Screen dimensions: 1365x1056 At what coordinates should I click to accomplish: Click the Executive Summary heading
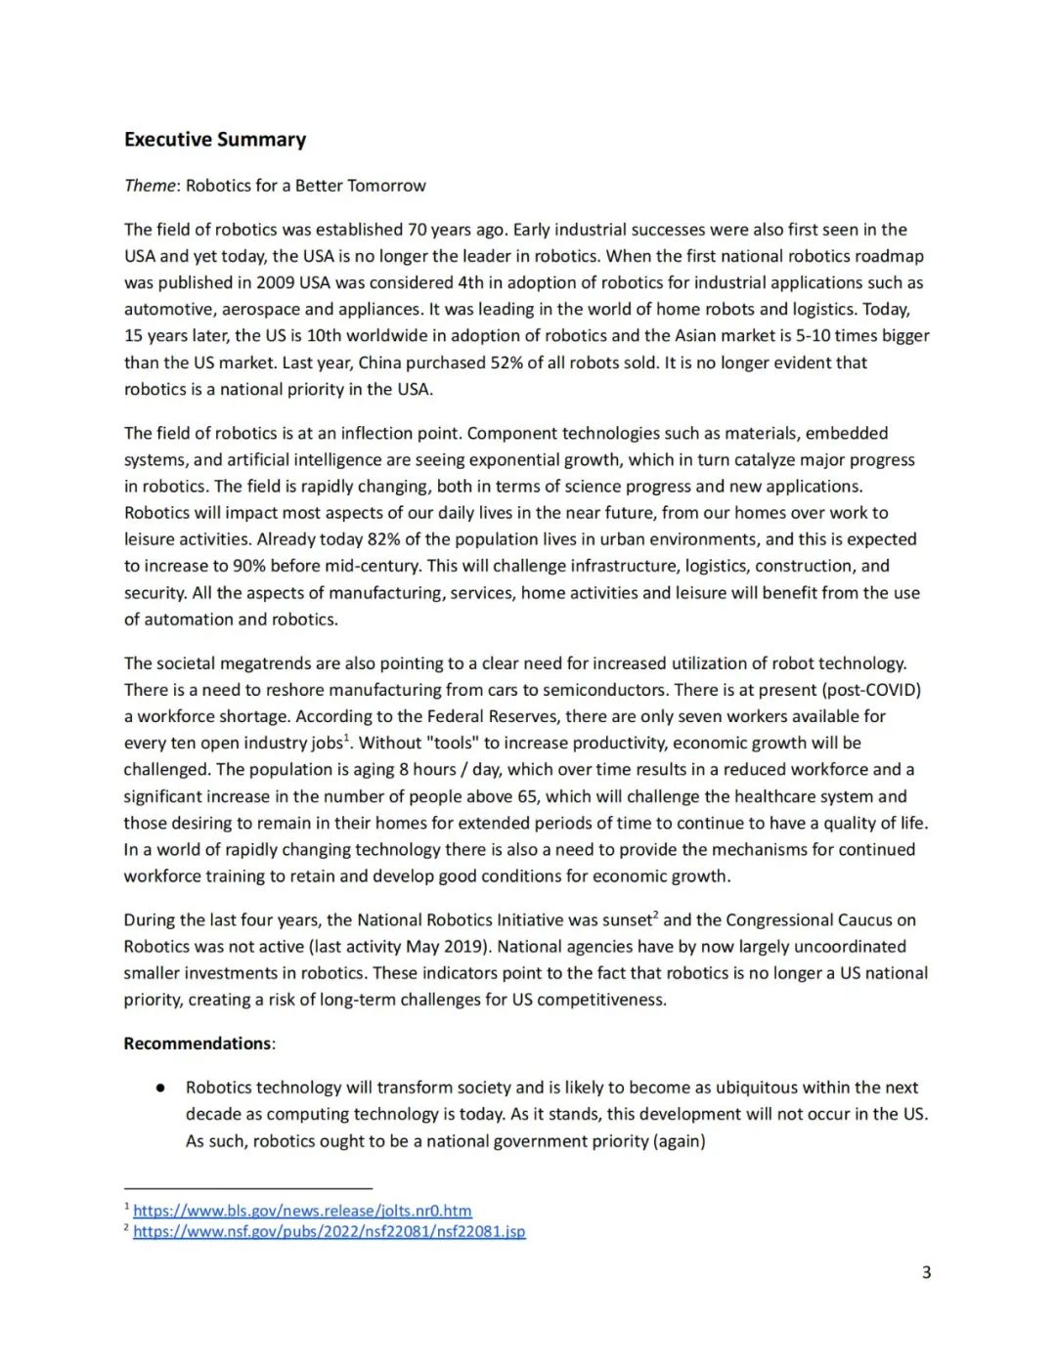(214, 140)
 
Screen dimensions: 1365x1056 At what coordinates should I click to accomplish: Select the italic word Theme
(150, 186)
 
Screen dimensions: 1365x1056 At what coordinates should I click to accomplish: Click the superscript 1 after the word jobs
(347, 739)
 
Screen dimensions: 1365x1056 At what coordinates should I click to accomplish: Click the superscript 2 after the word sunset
(656, 916)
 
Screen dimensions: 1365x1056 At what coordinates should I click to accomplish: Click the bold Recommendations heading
(198, 1044)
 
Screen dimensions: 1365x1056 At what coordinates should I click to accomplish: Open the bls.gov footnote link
(302, 1211)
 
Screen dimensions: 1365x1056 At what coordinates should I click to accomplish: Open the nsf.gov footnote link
(329, 1231)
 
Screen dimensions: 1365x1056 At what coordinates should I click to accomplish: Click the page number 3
(926, 1272)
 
